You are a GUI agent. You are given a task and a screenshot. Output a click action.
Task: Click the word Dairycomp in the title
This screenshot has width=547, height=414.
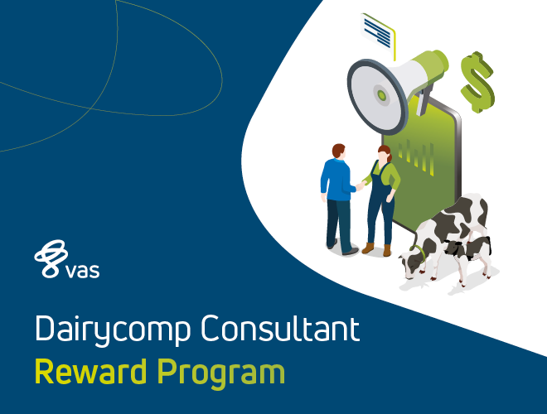coord(113,329)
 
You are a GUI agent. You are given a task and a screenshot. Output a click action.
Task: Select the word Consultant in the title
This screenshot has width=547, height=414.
coord(280,327)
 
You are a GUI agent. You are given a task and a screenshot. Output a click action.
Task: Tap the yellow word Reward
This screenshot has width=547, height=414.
coord(90,372)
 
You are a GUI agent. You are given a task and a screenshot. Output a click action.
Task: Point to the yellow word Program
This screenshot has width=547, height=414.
coord(220,374)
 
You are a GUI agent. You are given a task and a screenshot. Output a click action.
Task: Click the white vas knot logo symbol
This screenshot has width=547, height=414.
coord(51,258)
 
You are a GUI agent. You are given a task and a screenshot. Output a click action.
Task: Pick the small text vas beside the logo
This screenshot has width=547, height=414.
coord(83,271)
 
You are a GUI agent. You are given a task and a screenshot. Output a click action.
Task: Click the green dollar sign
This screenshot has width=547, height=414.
coord(477,82)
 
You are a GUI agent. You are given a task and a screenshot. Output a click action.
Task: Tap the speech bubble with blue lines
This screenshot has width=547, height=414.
coord(378,32)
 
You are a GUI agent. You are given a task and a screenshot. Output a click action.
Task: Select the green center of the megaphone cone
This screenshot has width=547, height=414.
coord(381,94)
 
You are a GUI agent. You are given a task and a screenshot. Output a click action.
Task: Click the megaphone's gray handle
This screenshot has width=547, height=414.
coord(423,101)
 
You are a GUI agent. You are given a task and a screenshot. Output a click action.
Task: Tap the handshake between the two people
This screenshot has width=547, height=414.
coord(361,185)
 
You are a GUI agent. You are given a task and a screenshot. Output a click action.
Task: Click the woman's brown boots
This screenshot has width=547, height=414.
coord(376,249)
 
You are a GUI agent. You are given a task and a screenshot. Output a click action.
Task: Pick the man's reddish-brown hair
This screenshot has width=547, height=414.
coord(338,150)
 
